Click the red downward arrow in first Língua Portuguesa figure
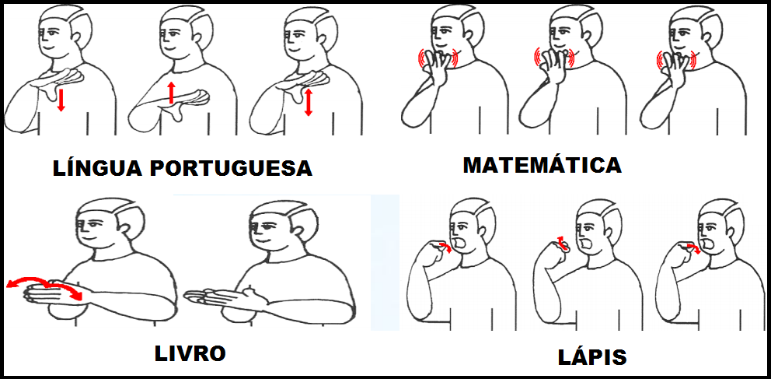point(61,100)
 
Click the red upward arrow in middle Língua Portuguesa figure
point(171,93)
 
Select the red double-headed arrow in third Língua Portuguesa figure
point(309,102)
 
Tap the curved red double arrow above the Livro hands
point(44,280)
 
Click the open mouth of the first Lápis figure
point(461,243)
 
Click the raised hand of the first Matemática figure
point(438,61)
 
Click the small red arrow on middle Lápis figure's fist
point(560,240)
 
